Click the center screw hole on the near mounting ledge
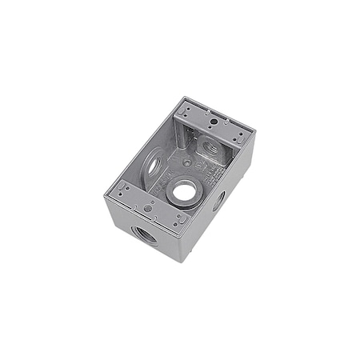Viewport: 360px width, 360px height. pos(148,208)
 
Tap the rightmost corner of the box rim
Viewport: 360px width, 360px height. pos(254,134)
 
